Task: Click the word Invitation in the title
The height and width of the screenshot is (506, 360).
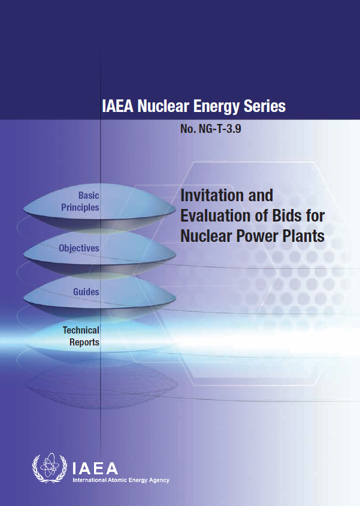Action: pyautogui.click(x=211, y=195)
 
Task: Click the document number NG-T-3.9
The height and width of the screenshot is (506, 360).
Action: pyautogui.click(x=220, y=129)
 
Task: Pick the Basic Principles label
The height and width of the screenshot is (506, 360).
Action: pyautogui.click(x=80, y=201)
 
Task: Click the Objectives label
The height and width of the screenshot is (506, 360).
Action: pyautogui.click(x=79, y=248)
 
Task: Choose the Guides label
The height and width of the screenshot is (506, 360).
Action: pyautogui.click(x=86, y=292)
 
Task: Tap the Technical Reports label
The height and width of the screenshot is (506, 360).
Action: pyautogui.click(x=81, y=337)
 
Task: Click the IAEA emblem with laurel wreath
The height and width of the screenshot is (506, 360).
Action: pyautogui.click(x=49, y=468)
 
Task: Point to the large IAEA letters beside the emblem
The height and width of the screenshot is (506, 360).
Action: pyautogui.click(x=95, y=468)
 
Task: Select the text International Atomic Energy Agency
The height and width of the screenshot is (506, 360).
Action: pyautogui.click(x=121, y=480)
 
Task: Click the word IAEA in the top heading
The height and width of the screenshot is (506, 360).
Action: pyautogui.click(x=117, y=106)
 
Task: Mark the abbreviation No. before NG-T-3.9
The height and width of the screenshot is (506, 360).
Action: pyautogui.click(x=188, y=129)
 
